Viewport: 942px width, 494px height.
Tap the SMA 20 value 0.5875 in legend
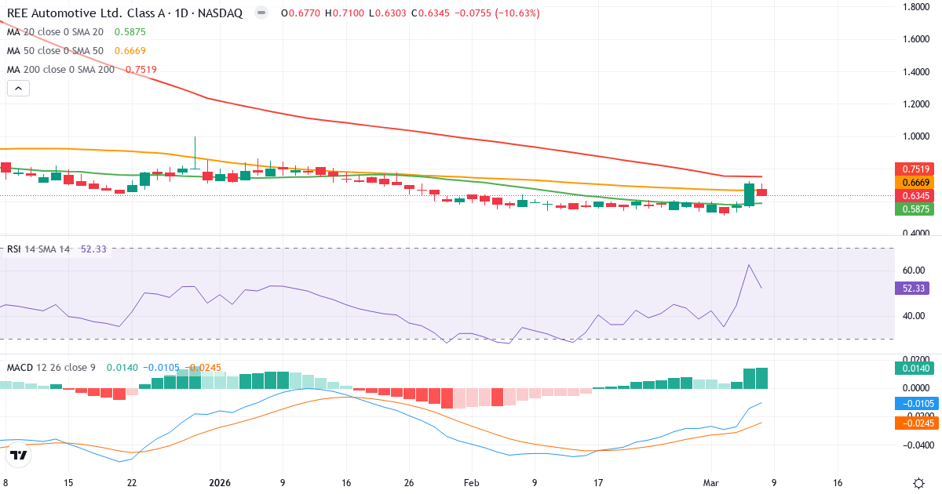coord(130,32)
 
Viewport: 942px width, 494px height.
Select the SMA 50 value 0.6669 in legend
coord(130,51)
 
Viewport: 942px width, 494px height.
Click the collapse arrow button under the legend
coord(18,89)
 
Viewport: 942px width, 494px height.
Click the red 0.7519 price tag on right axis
coord(916,169)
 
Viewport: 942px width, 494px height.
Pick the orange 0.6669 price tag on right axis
coord(916,182)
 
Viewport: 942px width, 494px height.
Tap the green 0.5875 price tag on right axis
coord(916,209)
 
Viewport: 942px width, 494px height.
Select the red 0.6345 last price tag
coord(916,195)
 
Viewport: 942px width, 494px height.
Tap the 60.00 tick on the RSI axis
coord(914,271)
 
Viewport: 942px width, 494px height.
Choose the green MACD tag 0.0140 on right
coord(916,369)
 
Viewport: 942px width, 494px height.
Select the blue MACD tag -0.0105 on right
coord(916,403)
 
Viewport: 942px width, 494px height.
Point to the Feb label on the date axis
coord(471,483)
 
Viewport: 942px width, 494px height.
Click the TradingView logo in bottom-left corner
coord(19,455)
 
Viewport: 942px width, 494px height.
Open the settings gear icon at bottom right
coord(918,483)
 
